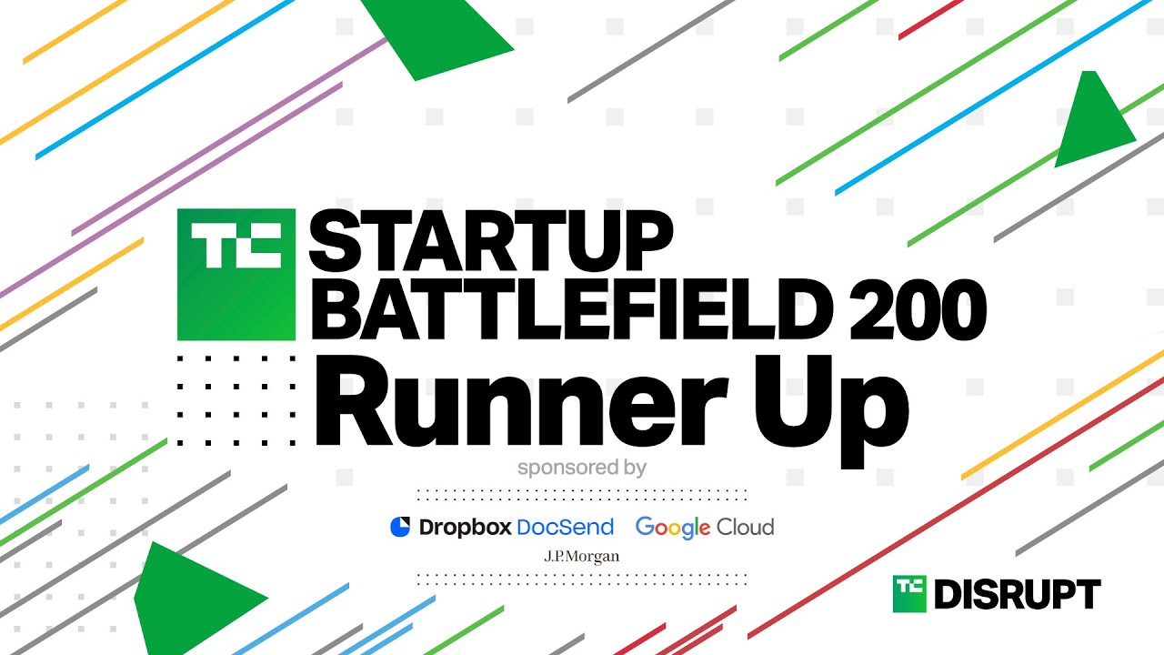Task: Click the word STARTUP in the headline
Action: pos(491,241)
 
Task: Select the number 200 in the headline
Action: pos(918,309)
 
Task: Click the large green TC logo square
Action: pos(236,275)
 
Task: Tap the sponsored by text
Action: pos(582,468)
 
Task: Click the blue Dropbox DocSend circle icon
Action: pos(400,527)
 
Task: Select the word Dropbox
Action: pos(465,527)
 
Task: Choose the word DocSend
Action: pos(566,527)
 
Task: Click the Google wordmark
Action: pos(673,529)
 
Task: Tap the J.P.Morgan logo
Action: pos(582,557)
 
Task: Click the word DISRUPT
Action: pos(1018,594)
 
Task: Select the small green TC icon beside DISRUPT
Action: pos(909,594)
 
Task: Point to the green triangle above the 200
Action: pos(1091,125)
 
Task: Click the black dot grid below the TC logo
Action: pos(236,401)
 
